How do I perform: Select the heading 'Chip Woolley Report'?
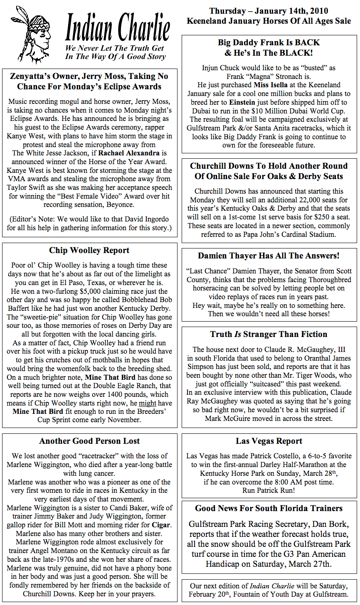[x=89, y=250]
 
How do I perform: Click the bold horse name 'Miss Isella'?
[x=271, y=85]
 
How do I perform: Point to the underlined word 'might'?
[x=148, y=403]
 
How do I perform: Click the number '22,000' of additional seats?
[x=310, y=199]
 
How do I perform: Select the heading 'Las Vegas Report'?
[x=269, y=441]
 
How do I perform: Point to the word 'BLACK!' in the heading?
[x=297, y=53]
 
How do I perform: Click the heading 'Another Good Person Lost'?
[x=89, y=441]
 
